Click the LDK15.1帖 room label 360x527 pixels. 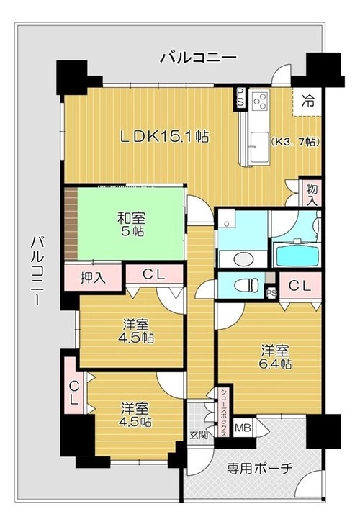tap(164, 136)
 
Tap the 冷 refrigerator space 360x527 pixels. tap(307, 102)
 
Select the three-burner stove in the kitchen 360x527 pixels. tap(260, 100)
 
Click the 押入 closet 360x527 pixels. tap(93, 278)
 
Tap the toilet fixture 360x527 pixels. tap(246, 285)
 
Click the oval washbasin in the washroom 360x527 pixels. tap(243, 259)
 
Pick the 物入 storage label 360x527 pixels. tap(312, 195)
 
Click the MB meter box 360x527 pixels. tap(243, 428)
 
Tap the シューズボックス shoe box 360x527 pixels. tap(224, 413)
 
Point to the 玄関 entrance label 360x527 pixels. tap(199, 435)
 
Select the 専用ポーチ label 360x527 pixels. tap(259, 468)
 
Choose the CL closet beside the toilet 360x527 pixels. tap(300, 286)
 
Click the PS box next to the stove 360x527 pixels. tap(240, 98)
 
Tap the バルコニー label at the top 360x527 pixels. tap(198, 58)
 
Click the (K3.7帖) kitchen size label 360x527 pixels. tap(294, 142)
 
